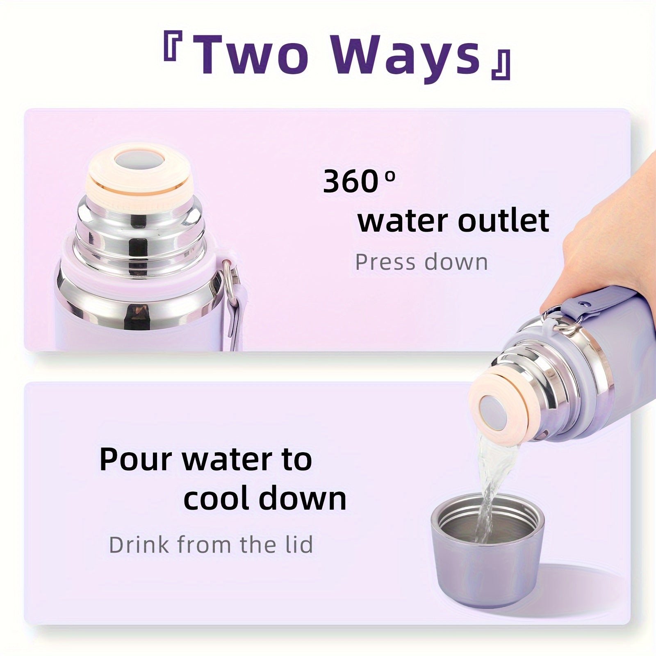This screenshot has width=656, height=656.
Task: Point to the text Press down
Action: click(421, 262)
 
